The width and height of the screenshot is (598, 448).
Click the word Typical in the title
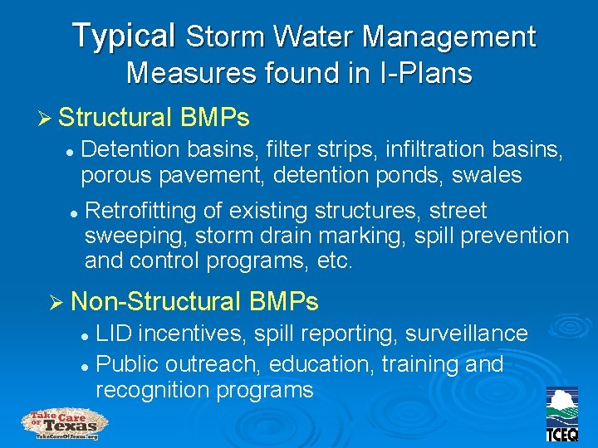click(123, 37)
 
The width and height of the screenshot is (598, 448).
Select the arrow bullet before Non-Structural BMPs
click(57, 301)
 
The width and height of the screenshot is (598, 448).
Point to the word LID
click(115, 334)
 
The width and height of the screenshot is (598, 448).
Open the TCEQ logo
click(562, 415)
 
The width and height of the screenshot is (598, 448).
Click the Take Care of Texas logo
click(61, 424)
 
